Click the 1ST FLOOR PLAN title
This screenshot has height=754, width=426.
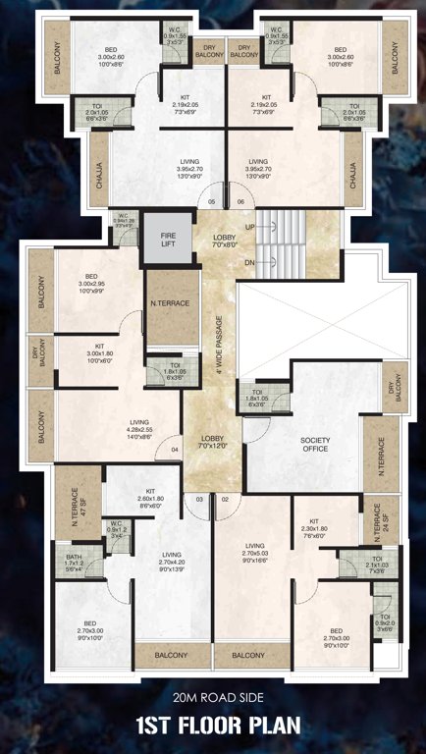212,727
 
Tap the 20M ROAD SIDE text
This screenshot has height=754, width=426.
212,698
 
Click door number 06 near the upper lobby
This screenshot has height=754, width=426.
240,202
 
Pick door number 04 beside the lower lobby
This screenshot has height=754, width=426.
175,451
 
